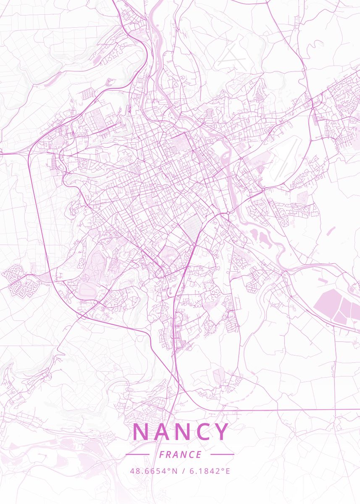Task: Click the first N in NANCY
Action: (141, 432)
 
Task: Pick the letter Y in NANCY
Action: (222, 432)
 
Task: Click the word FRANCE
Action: (180, 454)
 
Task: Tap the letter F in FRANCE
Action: (162, 454)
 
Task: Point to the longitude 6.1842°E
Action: (210, 471)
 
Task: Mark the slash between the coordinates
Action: (184, 471)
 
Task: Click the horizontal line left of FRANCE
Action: (137, 454)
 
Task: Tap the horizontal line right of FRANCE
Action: (222, 454)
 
